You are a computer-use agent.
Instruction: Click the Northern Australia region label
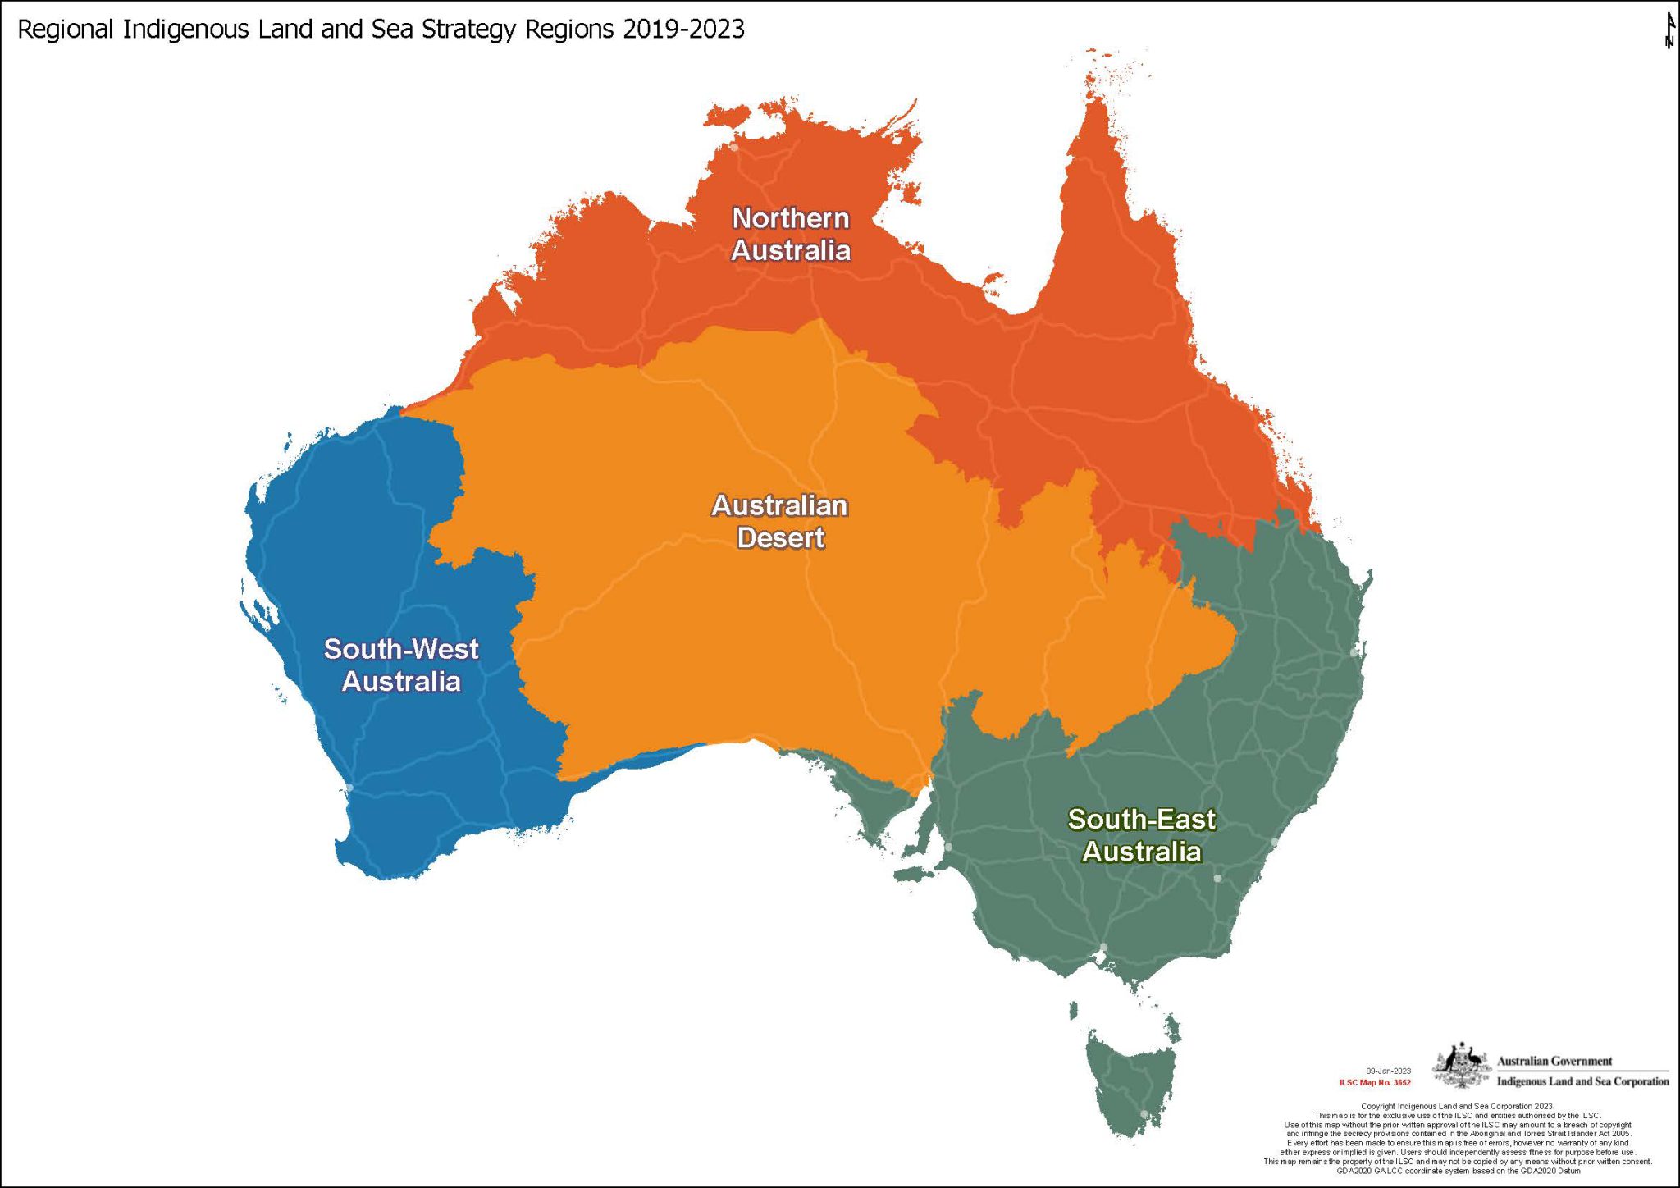pos(790,235)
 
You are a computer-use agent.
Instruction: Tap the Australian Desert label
pos(779,522)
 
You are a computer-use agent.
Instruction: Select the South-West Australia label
pos(401,665)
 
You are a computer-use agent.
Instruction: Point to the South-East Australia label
pos(1141,835)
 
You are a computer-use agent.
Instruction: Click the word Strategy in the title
pos(469,30)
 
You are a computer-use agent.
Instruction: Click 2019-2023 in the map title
pos(683,30)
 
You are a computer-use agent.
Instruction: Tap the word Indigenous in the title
pos(185,30)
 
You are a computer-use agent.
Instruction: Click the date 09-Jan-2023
pos(1388,1071)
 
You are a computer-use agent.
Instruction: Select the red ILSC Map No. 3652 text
pos(1375,1082)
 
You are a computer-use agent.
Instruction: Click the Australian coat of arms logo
pos(1461,1066)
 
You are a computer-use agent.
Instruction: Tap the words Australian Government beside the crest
pos(1554,1061)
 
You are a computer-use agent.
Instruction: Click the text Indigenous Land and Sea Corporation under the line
pos(1582,1081)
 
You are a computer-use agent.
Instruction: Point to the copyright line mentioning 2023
pos(1457,1106)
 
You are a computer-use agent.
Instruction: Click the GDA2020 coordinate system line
pos(1458,1171)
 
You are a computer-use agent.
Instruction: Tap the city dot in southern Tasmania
pos(1144,1114)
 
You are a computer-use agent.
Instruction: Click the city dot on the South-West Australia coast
pos(349,787)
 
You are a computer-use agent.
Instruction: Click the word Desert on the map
pos(780,538)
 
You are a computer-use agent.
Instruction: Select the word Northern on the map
pos(790,218)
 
